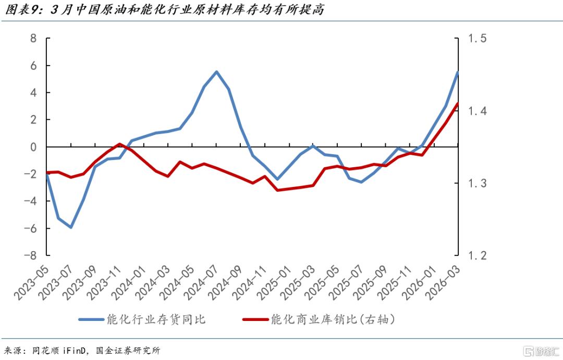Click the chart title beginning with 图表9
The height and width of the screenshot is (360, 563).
pyautogui.click(x=164, y=9)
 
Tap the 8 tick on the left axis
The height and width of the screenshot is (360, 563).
pyautogui.click(x=33, y=38)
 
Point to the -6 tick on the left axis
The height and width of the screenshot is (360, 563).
pyautogui.click(x=30, y=228)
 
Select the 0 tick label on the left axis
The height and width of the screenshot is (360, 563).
pyautogui.click(x=33, y=147)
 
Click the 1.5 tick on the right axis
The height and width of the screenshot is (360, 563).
pyautogui.click(x=478, y=38)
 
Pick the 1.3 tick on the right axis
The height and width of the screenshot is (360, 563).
pyautogui.click(x=478, y=183)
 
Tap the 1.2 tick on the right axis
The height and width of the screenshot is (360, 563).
pyautogui.click(x=478, y=255)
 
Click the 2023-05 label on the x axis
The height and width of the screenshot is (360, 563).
pyautogui.click(x=32, y=282)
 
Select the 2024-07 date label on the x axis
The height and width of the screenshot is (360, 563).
pyautogui.click(x=201, y=282)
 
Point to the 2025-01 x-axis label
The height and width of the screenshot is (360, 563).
pyautogui.click(x=274, y=282)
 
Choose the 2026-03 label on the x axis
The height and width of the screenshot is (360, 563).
pyautogui.click(x=443, y=282)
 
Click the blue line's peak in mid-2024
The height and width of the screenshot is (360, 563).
pyautogui.click(x=216, y=72)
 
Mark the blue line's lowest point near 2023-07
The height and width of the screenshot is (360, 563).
pyautogui.click(x=71, y=227)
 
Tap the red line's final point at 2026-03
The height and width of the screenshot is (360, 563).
pyautogui.click(x=458, y=104)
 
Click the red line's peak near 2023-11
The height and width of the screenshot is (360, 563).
pyautogui.click(x=119, y=144)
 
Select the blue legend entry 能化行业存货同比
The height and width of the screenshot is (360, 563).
pyautogui.click(x=142, y=319)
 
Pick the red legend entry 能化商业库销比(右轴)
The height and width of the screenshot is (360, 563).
pyautogui.click(x=319, y=319)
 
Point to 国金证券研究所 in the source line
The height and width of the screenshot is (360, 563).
pyautogui.click(x=128, y=350)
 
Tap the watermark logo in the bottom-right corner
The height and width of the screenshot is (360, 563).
pyautogui.click(x=541, y=351)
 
